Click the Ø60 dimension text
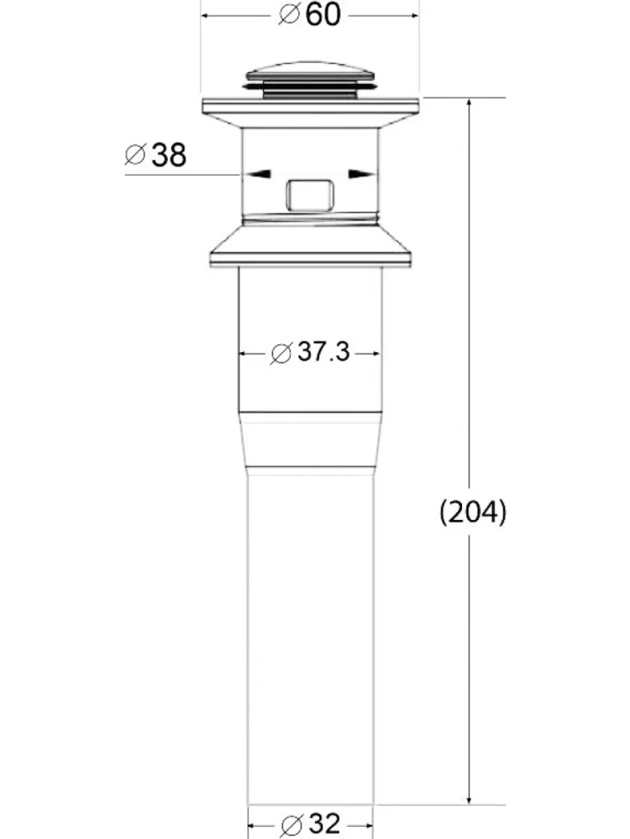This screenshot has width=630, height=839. coord(310,15)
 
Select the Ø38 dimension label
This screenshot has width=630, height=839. coord(155,155)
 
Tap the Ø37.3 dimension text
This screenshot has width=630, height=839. coord(310,352)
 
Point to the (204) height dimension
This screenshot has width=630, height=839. coord(472,512)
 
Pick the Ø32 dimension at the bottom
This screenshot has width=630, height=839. coord(311,824)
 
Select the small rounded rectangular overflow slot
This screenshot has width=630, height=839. coord(310,195)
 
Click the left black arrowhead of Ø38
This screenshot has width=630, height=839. coord(258,174)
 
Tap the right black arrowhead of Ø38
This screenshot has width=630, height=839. coord(362,174)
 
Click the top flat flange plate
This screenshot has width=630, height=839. coord(310,106)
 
